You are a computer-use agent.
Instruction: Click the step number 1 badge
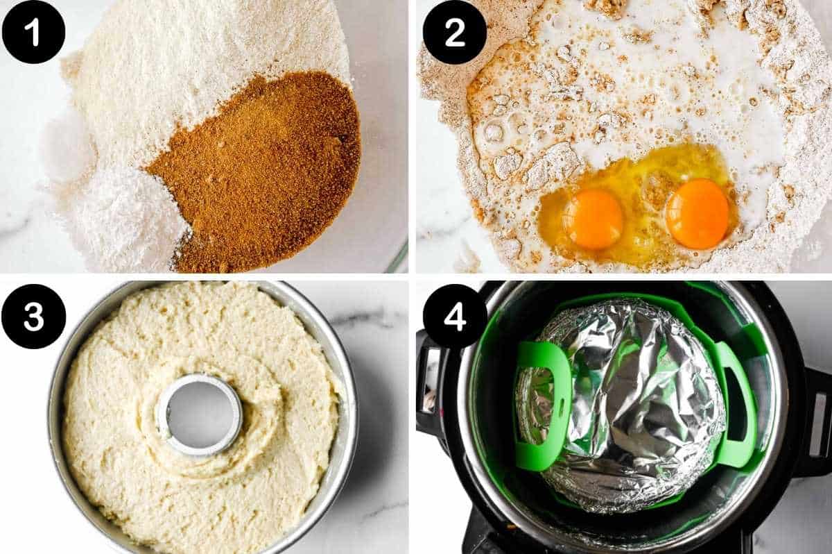click(x=33, y=32)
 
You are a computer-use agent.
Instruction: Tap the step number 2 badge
click(x=455, y=32)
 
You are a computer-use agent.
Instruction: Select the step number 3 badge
click(x=33, y=316)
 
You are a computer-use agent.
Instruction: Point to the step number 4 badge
click(x=455, y=316)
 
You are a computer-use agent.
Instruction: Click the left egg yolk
click(x=593, y=219)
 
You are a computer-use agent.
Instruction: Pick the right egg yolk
click(x=697, y=213)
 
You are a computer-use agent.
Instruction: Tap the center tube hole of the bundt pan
click(x=199, y=414)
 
